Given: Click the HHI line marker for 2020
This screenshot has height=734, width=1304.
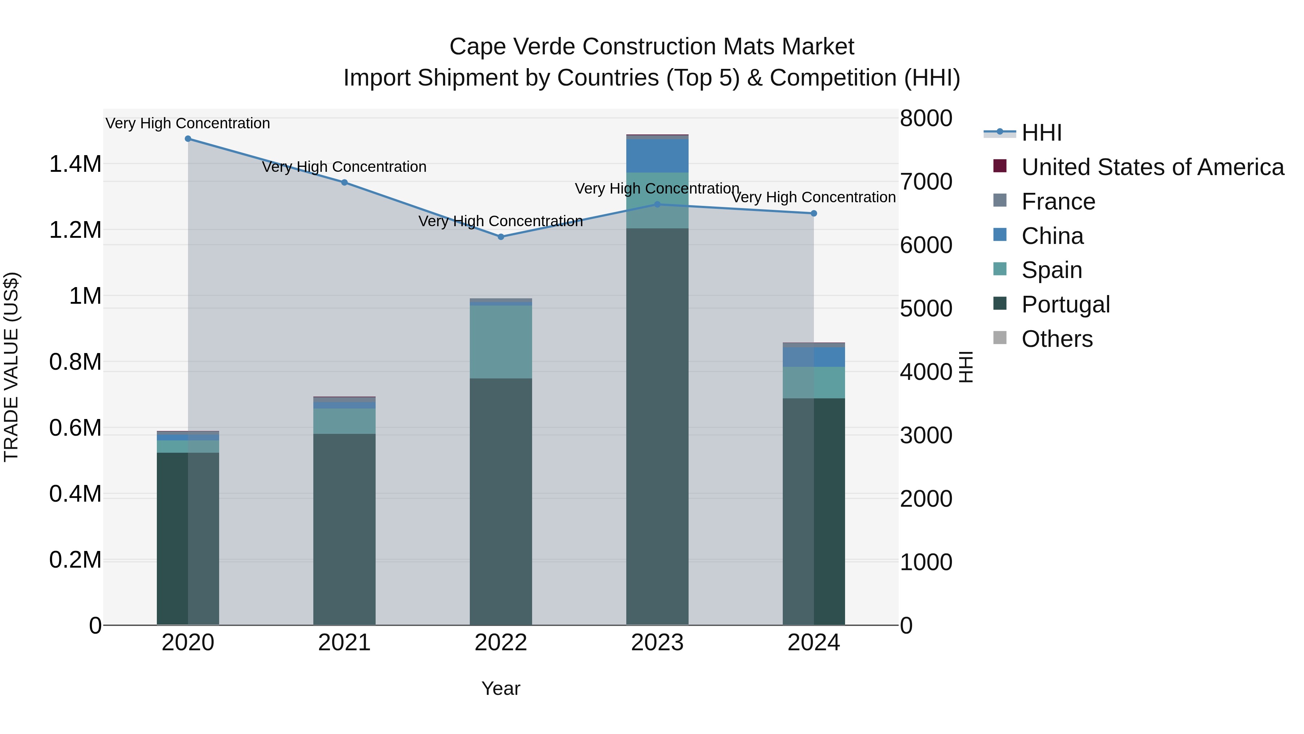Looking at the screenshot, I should [x=188, y=139].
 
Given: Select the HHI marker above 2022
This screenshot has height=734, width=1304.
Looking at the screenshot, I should [x=501, y=237].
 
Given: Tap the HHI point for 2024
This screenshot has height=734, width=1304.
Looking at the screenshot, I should [x=814, y=213].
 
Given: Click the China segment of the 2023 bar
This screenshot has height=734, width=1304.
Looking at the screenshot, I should [x=657, y=156].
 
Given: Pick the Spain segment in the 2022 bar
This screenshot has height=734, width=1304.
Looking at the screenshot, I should [x=501, y=342].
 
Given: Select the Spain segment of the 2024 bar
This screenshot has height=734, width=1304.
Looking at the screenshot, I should [x=814, y=382].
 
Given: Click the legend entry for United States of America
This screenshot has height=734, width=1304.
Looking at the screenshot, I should [x=1152, y=167].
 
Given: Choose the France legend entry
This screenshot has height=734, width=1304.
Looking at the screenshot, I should [x=1058, y=202].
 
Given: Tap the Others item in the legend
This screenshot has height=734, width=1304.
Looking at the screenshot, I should [x=1057, y=339].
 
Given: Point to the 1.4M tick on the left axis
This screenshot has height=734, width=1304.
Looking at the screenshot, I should [x=75, y=164].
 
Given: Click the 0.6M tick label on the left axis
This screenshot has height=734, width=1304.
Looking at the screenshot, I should [x=75, y=428].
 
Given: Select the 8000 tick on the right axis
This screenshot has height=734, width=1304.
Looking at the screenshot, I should [x=926, y=118].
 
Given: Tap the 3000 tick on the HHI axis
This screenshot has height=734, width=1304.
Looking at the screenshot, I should [x=926, y=435].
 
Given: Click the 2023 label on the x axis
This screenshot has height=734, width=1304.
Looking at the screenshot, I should [x=657, y=643].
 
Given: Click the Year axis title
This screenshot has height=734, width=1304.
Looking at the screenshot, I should [x=501, y=688].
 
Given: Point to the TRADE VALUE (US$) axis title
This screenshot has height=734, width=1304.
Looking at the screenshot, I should [x=11, y=367].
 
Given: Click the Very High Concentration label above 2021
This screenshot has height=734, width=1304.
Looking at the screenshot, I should [x=344, y=167].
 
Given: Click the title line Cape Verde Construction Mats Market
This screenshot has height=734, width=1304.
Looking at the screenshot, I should [x=652, y=47].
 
